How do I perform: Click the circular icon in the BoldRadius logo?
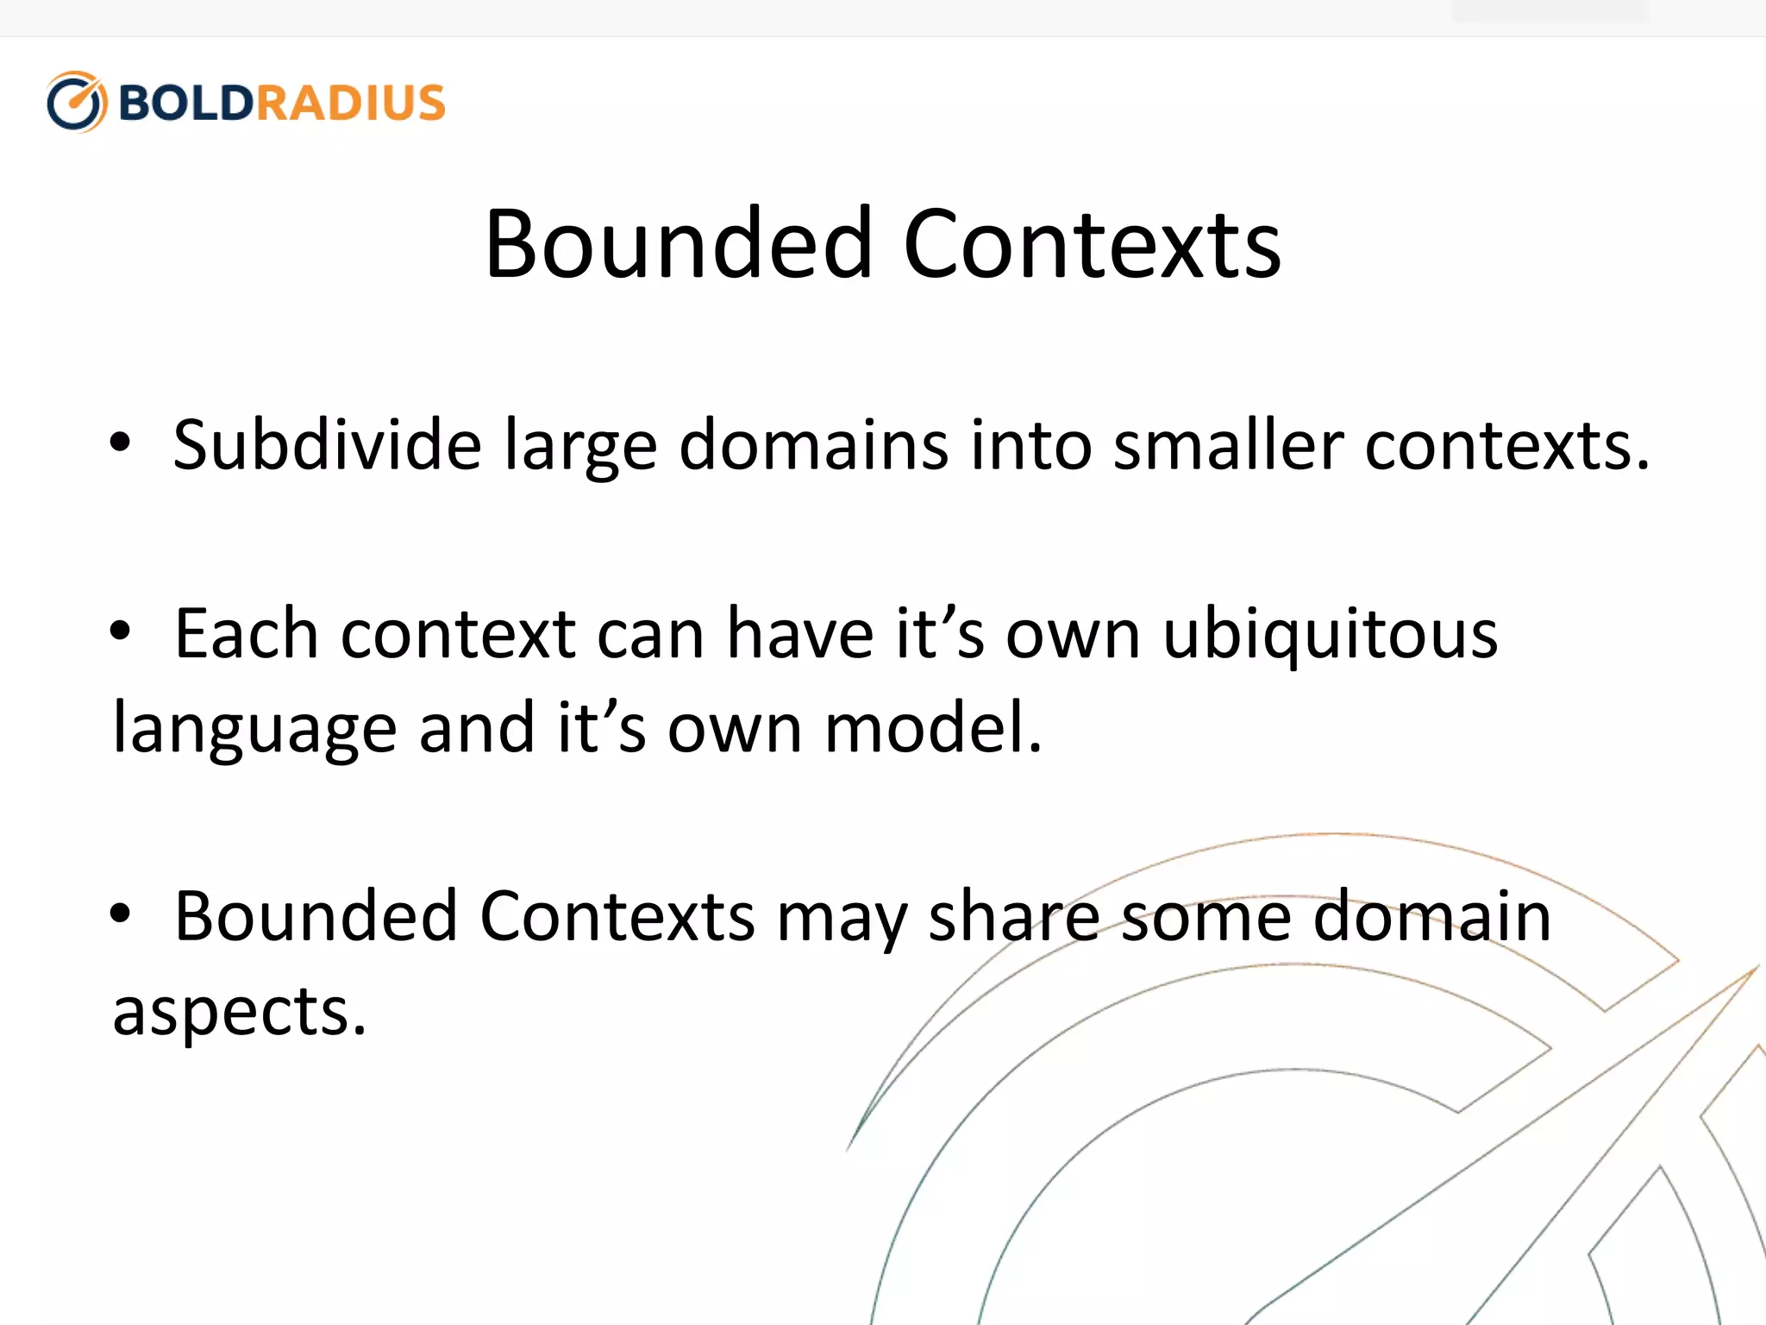[x=77, y=102]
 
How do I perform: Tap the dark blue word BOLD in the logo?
[x=185, y=103]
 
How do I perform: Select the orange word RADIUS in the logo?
[x=350, y=103]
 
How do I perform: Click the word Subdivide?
[x=327, y=445]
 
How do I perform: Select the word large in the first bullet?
[x=581, y=447]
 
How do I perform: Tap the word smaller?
[x=1228, y=445]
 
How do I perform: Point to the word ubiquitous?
[x=1330, y=636]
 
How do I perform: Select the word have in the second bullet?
[x=800, y=634]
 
